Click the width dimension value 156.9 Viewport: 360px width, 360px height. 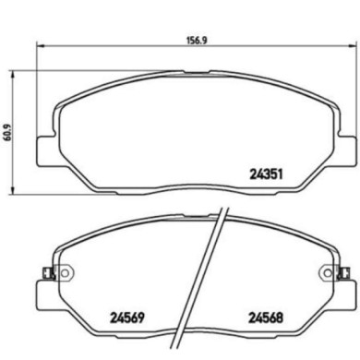click(186, 41)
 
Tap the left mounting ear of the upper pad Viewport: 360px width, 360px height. click(43, 150)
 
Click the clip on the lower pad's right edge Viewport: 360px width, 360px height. click(342, 270)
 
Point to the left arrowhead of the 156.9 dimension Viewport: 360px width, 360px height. click(39, 49)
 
